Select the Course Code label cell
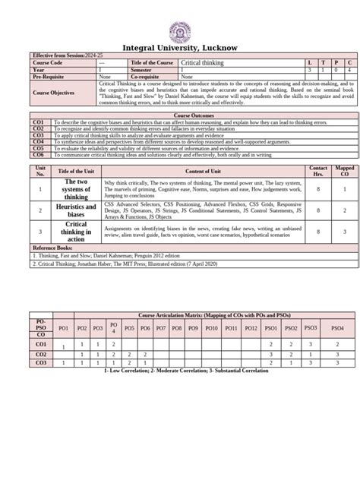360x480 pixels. point(47,62)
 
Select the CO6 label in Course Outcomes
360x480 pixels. point(37,151)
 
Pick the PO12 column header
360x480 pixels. point(251,327)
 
